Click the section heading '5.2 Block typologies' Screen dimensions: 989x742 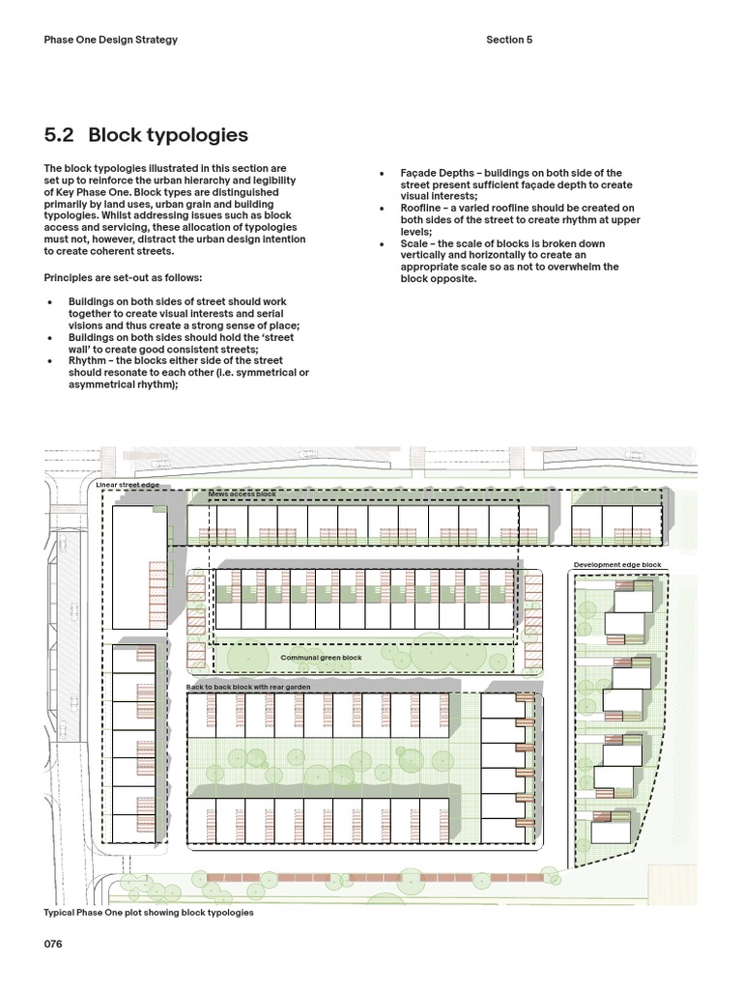[x=146, y=135]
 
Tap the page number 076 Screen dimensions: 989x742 [x=53, y=945]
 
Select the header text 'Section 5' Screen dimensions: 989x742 [x=509, y=40]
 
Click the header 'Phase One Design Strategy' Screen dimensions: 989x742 [x=111, y=40]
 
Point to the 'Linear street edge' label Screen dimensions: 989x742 [x=128, y=485]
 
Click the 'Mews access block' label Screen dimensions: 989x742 [x=243, y=494]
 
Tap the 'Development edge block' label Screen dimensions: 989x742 [x=617, y=565]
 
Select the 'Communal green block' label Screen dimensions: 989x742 [x=321, y=658]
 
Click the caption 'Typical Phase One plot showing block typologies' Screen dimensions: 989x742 [x=149, y=912]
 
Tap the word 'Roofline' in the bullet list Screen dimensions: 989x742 [x=421, y=208]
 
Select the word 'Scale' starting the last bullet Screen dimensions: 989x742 [x=414, y=243]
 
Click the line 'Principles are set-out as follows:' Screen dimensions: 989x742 [x=123, y=277]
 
